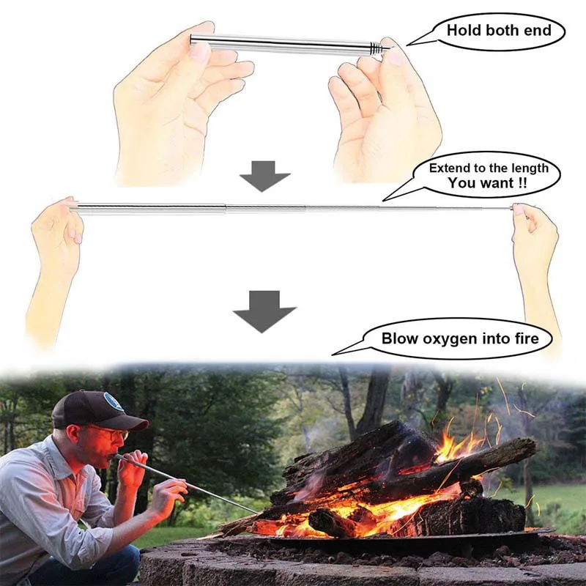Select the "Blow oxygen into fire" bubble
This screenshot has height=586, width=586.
460,338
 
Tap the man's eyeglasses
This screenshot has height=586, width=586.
110,433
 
